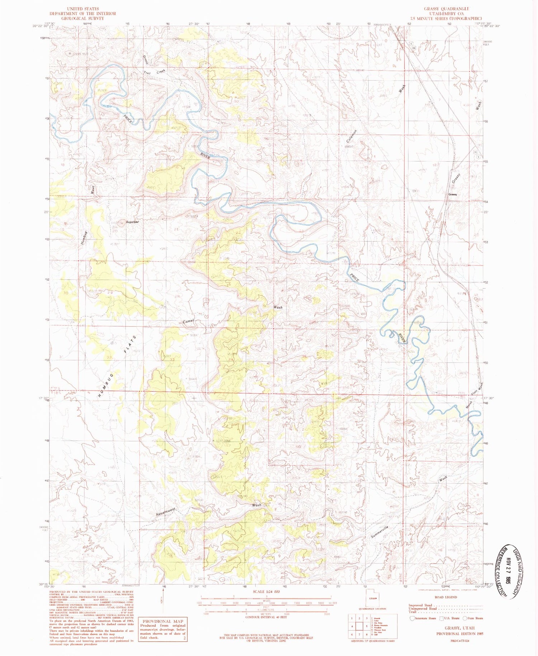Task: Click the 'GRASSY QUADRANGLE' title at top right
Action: pos(447,9)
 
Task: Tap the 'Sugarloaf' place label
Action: pos(132,222)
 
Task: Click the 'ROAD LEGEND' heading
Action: pos(445,597)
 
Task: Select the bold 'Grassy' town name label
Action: pos(453,194)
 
